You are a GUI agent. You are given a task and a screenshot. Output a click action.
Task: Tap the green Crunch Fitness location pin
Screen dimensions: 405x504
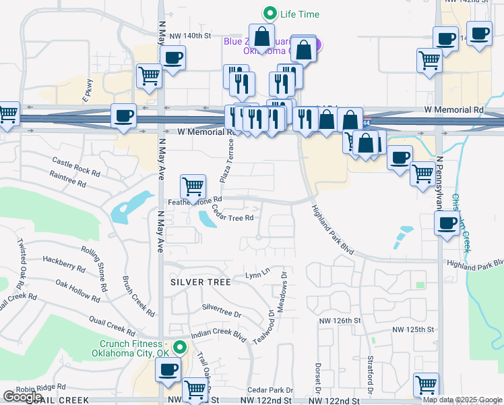pyautogui.click(x=179, y=348)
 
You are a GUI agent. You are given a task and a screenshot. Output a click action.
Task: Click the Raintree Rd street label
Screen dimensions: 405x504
pyautogui.click(x=67, y=178)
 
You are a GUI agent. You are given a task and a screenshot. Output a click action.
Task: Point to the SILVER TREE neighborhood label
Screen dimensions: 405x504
pyautogui.click(x=200, y=281)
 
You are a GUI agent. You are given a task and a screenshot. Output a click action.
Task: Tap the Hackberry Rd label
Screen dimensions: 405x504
pyautogui.click(x=63, y=263)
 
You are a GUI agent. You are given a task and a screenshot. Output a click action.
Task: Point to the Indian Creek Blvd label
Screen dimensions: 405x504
pyautogui.click(x=219, y=333)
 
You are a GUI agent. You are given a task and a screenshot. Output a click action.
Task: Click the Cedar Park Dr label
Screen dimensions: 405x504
pyautogui.click(x=270, y=390)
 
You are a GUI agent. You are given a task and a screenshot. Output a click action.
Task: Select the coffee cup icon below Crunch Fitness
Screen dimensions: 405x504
pyautogui.click(x=168, y=370)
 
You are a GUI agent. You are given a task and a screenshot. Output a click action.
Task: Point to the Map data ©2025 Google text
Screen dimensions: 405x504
pyautogui.click(x=462, y=400)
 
